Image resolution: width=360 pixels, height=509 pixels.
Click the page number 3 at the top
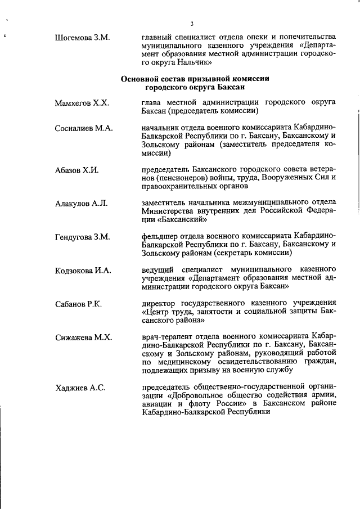[192, 24]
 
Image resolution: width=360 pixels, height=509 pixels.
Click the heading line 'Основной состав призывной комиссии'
[195, 79]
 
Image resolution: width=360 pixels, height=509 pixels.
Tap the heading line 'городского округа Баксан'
[195, 87]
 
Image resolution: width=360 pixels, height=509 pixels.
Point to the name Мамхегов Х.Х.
[82, 103]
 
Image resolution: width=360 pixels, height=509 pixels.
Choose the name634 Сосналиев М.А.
[84, 128]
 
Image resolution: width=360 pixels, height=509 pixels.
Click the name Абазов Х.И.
[77, 170]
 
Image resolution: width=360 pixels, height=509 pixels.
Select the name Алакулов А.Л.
[80, 203]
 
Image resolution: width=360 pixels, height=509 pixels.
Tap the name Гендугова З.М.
[82, 237]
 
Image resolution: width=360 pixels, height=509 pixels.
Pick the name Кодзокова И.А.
[83, 271]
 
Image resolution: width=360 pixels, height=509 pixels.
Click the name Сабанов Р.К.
[79, 304]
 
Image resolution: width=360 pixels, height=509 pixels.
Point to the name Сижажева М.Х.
[84, 337]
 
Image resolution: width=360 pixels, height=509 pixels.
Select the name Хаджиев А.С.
[78, 388]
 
